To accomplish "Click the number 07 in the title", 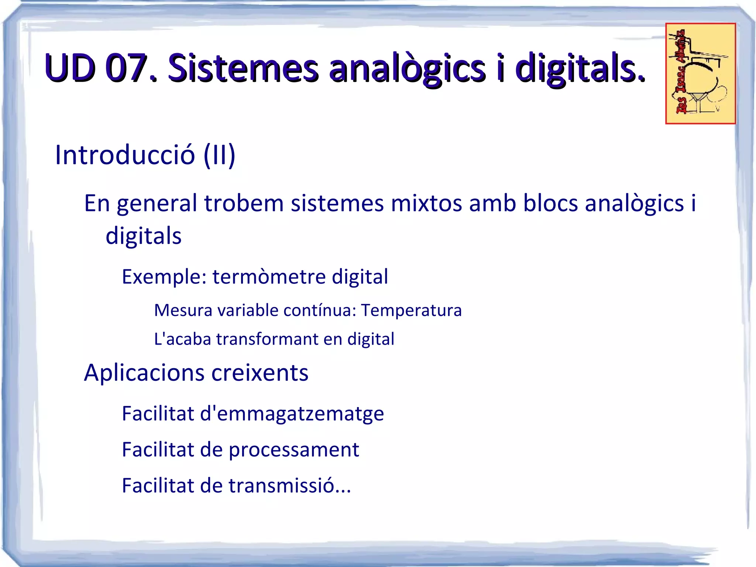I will tap(126, 68).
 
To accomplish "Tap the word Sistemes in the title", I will tap(243, 68).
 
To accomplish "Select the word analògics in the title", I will tap(407, 68).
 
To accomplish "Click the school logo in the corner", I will tap(700, 74).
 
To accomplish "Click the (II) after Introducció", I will tap(219, 155).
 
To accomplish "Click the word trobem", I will tap(244, 204).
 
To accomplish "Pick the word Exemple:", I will tap(164, 277).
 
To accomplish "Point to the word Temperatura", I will tap(411, 310).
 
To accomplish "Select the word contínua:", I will tap(320, 310).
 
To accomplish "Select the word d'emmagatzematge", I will tap(292, 414).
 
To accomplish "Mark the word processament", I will tap(294, 450).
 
